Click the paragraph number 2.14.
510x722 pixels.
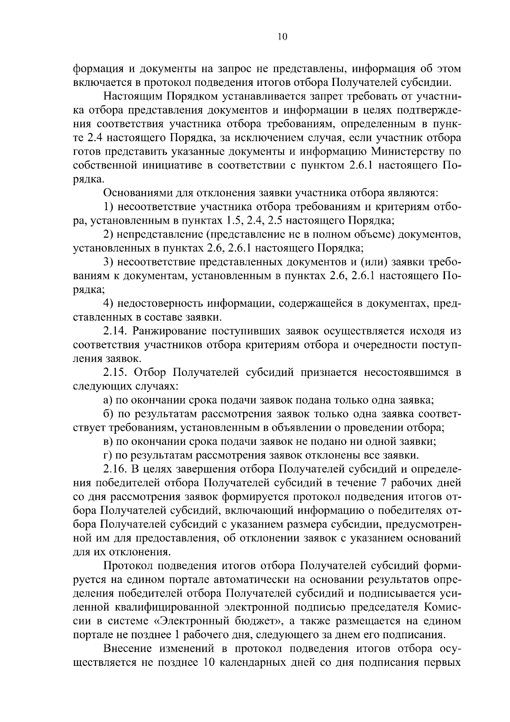tap(116, 331)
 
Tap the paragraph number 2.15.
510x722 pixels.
tap(116, 372)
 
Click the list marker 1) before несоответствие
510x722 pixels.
tap(108, 207)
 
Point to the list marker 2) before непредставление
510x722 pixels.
tap(108, 235)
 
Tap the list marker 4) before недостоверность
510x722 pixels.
tap(108, 304)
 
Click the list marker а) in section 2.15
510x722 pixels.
tap(108, 400)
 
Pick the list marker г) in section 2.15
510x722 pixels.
tap(108, 455)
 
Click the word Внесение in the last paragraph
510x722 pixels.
tap(127, 648)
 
